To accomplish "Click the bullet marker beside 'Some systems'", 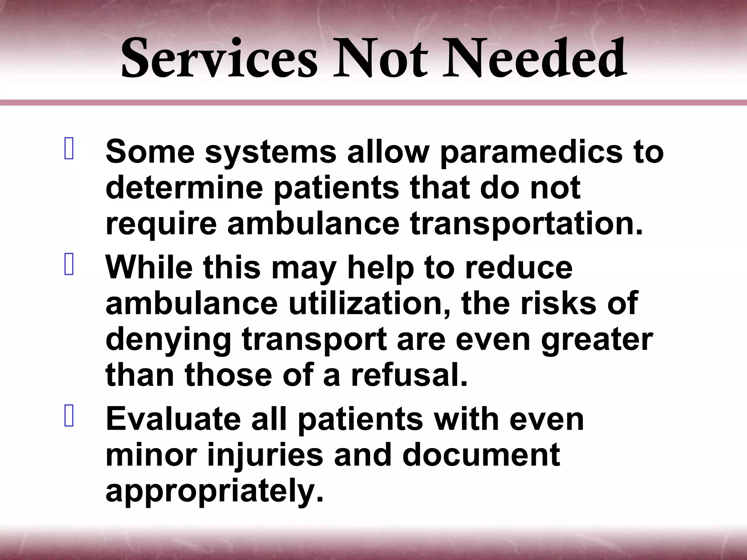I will pyautogui.click(x=69, y=148).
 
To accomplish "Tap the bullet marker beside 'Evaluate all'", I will pyautogui.click(x=69, y=415).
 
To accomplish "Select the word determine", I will pyautogui.click(x=184, y=188).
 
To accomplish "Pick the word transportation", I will pyautogui.click(x=526, y=224).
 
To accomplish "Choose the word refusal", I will pyautogui.click(x=409, y=376).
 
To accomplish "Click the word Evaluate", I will pyautogui.click(x=173, y=419).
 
